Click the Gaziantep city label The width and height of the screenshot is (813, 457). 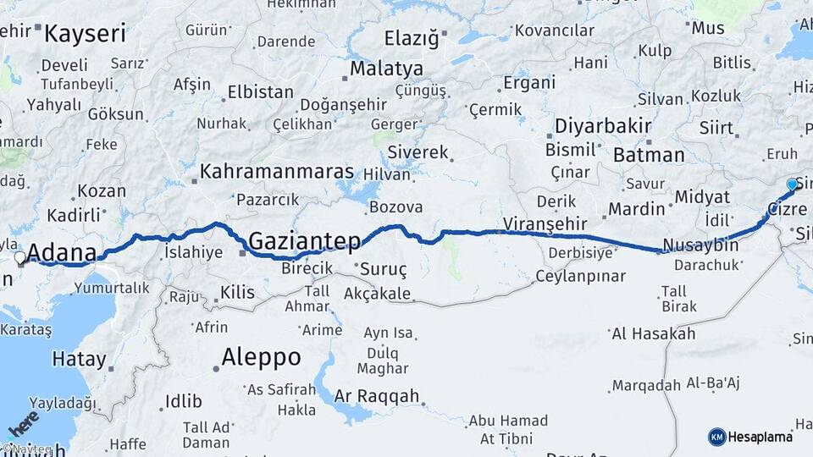pyautogui.click(x=304, y=240)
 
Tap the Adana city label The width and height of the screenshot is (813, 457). pyautogui.click(x=60, y=252)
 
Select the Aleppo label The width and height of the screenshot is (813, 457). pyautogui.click(x=261, y=357)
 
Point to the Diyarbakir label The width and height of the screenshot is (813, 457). pyautogui.click(x=602, y=127)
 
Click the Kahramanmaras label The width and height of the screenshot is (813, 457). pyautogui.click(x=277, y=172)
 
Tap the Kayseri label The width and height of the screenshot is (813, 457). pyautogui.click(x=85, y=34)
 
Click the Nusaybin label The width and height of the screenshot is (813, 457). pyautogui.click(x=700, y=245)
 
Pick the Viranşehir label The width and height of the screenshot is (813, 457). pyautogui.click(x=545, y=223)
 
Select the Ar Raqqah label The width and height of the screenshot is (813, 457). pyautogui.click(x=377, y=395)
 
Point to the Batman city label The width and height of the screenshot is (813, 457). pyautogui.click(x=649, y=155)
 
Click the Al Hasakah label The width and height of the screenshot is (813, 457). pyautogui.click(x=653, y=333)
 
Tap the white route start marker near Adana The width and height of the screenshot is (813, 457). pyautogui.click(x=19, y=256)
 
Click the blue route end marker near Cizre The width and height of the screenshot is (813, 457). pyautogui.click(x=792, y=184)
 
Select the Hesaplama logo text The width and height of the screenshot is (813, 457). pyautogui.click(x=760, y=437)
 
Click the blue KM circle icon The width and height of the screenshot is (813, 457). pyautogui.click(x=716, y=437)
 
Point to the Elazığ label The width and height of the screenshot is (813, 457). pyautogui.click(x=412, y=38)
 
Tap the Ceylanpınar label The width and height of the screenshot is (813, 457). pyautogui.click(x=580, y=277)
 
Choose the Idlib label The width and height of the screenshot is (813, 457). pyautogui.click(x=184, y=400)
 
